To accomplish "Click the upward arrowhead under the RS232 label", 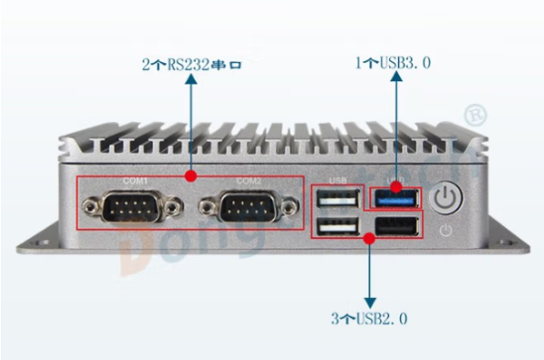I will [191, 81].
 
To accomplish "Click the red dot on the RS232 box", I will [191, 174].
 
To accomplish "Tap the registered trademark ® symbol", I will [475, 114].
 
